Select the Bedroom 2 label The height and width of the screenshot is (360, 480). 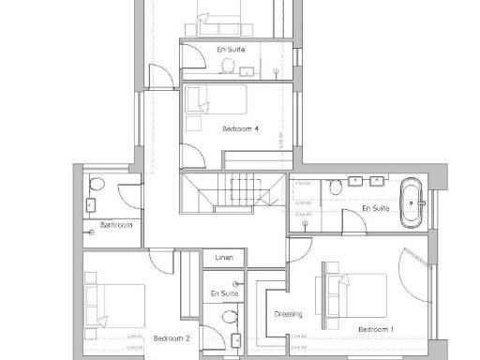172,337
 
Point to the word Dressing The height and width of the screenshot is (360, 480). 287,315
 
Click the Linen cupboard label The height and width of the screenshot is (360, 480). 223,256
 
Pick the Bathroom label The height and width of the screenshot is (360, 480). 117,225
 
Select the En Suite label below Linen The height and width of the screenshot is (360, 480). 225,293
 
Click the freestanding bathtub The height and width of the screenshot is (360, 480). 412,204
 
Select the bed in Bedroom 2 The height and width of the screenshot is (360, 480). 107,306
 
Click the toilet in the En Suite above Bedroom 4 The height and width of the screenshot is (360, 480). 227,66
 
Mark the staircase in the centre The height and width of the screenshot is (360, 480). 232,195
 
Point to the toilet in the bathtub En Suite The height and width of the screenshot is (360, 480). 334,189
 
